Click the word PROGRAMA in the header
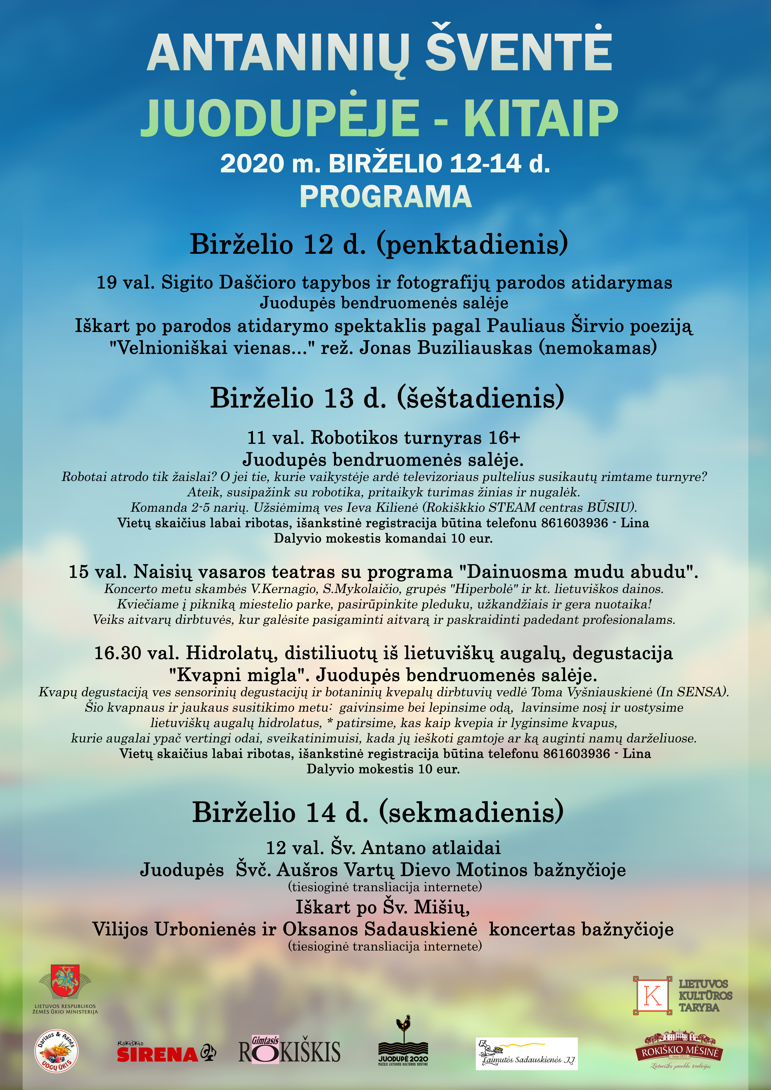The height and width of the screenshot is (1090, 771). (x=385, y=197)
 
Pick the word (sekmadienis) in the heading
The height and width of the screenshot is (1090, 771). (x=471, y=812)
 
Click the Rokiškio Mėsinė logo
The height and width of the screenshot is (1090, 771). (x=679, y=1050)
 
